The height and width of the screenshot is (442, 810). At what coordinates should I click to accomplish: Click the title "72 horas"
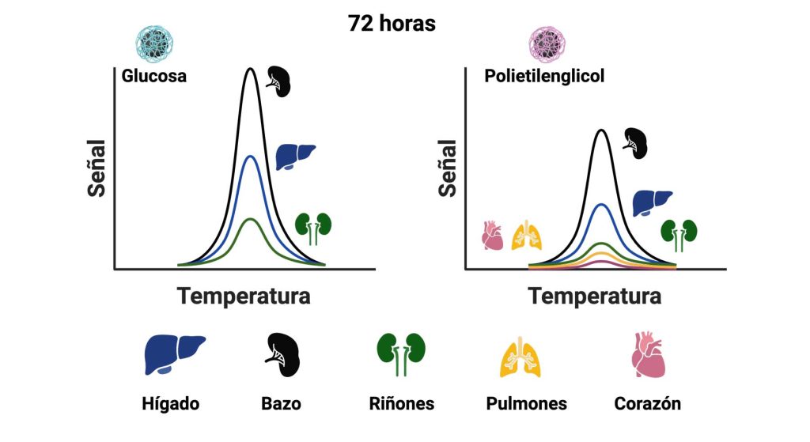[392, 24]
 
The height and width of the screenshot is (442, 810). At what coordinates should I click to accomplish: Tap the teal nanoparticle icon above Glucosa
[154, 42]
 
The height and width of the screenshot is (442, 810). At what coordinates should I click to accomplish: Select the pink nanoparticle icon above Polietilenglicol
[547, 42]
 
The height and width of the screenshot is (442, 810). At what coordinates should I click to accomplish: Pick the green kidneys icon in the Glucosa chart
[313, 228]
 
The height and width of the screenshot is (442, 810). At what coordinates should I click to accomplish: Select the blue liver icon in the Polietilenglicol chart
[652, 203]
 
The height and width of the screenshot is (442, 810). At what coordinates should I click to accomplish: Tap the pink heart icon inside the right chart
[493, 236]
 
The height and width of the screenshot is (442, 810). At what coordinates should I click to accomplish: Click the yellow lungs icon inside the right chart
[527, 236]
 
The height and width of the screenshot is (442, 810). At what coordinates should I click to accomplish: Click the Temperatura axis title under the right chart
[594, 297]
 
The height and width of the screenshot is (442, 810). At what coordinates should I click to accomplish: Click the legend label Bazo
[281, 403]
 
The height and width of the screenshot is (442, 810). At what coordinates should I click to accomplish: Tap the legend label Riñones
[401, 403]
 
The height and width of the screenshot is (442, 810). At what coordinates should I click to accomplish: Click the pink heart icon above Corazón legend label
[649, 354]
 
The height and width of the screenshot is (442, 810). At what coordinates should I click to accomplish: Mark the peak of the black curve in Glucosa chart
[250, 70]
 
